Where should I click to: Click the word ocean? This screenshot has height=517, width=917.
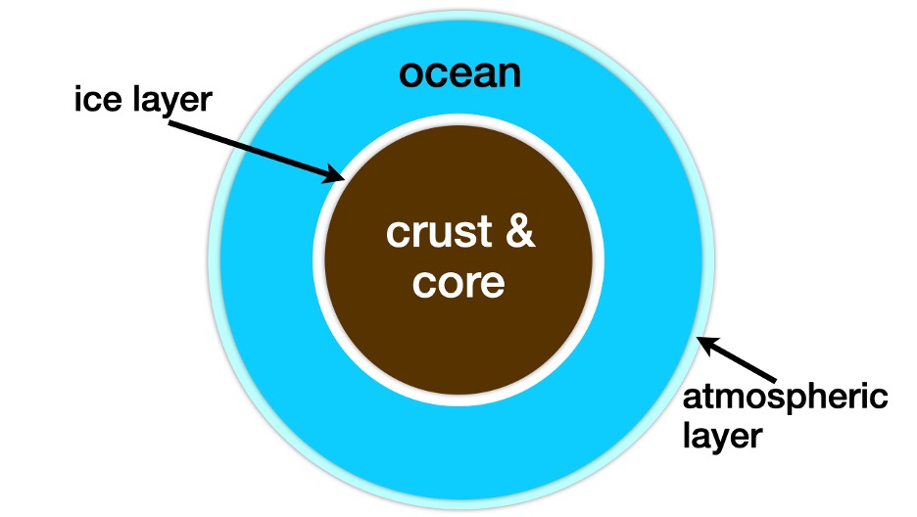point(459,74)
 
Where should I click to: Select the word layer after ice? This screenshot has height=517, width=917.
point(172,102)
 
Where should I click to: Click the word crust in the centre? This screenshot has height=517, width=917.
point(439,232)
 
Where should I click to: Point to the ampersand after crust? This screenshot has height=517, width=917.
point(520,231)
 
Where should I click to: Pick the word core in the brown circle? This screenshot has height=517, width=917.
point(458,283)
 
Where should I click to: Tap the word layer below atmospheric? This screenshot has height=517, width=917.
point(722,437)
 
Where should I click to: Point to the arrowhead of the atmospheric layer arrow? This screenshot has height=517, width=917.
point(707,346)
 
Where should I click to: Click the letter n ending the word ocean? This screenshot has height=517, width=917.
point(508,74)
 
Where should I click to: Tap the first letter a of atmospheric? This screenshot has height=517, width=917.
point(694,399)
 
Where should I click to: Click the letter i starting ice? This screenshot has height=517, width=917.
point(76,98)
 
